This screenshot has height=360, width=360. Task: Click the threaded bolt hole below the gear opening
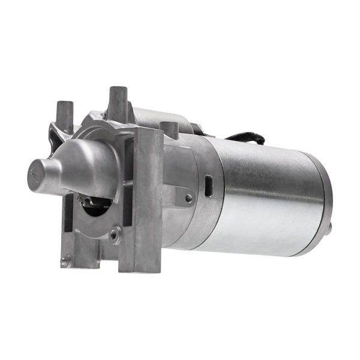point(113,235)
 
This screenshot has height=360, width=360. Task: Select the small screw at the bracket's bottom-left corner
point(64,260)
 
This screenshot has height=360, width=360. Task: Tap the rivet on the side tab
point(188,197)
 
